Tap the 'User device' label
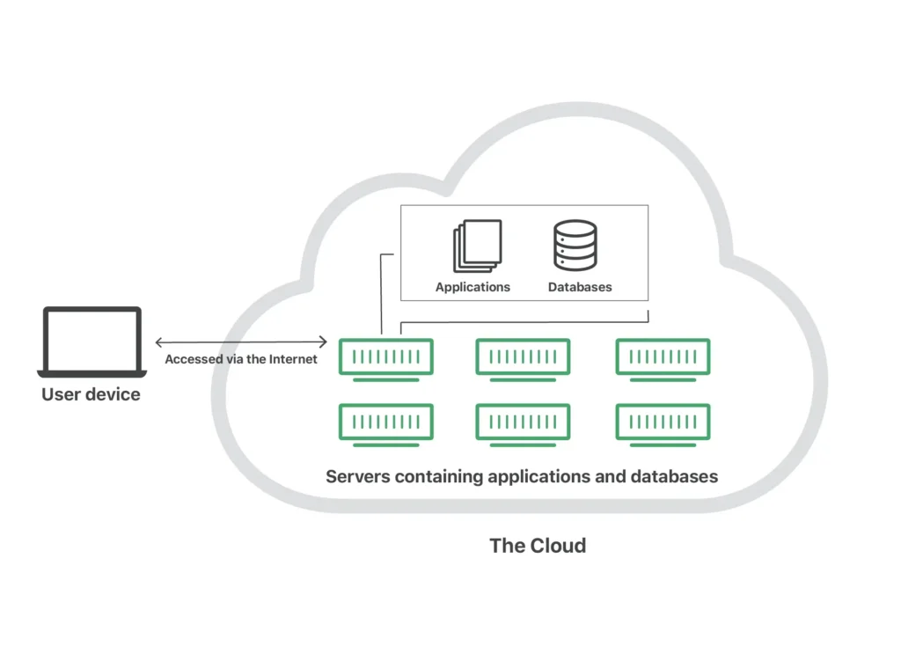[x=91, y=394]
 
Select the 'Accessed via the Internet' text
[x=241, y=359]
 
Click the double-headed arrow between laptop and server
[x=241, y=342]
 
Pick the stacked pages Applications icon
[x=477, y=246]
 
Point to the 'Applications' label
[x=472, y=287]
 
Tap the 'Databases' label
[x=580, y=287]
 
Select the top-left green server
[x=385, y=357]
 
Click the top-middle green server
[x=523, y=357]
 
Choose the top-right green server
[x=663, y=357]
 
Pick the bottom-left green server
[x=385, y=423]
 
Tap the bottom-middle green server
[x=523, y=423]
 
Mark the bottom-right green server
[x=663, y=423]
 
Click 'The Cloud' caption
[x=537, y=546]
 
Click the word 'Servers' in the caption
[x=357, y=477]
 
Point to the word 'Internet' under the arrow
[x=290, y=359]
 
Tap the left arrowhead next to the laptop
[x=158, y=342]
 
